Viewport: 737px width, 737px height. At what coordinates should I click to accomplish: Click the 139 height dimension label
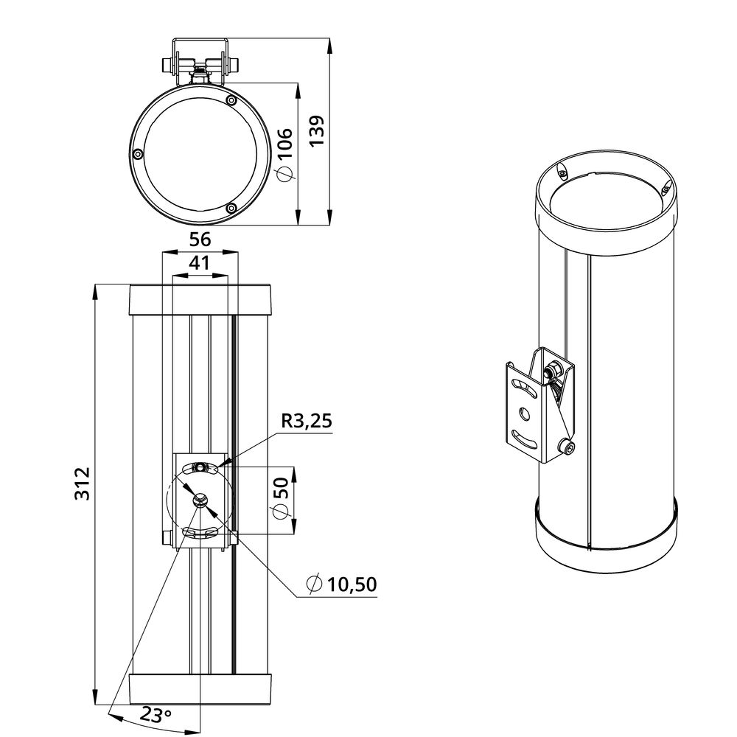click(x=318, y=130)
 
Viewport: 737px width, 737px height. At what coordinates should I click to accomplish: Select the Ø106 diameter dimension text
click(x=284, y=154)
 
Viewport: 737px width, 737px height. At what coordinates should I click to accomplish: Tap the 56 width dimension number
click(x=200, y=240)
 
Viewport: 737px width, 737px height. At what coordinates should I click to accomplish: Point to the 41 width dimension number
click(x=199, y=263)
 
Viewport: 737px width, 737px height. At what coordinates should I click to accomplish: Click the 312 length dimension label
click(x=83, y=483)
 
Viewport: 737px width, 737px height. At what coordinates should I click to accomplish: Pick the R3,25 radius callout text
click(x=307, y=421)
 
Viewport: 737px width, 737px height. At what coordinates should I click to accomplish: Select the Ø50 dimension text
click(x=280, y=498)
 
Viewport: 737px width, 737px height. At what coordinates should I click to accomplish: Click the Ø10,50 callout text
click(x=341, y=584)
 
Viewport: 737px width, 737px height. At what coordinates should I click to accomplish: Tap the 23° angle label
click(x=156, y=716)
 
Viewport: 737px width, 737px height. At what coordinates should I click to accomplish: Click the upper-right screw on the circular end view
click(x=231, y=100)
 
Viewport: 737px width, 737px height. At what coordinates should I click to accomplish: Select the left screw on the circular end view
click(x=137, y=154)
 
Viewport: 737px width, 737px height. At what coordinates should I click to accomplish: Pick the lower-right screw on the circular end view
click(x=231, y=209)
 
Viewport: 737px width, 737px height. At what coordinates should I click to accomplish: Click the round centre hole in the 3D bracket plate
click(x=524, y=413)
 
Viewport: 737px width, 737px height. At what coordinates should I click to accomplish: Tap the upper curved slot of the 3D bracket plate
click(x=523, y=388)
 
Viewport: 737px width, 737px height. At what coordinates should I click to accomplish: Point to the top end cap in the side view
click(x=200, y=300)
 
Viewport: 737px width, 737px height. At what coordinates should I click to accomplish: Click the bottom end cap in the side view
click(x=200, y=688)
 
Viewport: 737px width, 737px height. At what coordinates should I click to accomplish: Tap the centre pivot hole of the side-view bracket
click(x=200, y=499)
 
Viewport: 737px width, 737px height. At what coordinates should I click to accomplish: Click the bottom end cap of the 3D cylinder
click(x=607, y=540)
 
